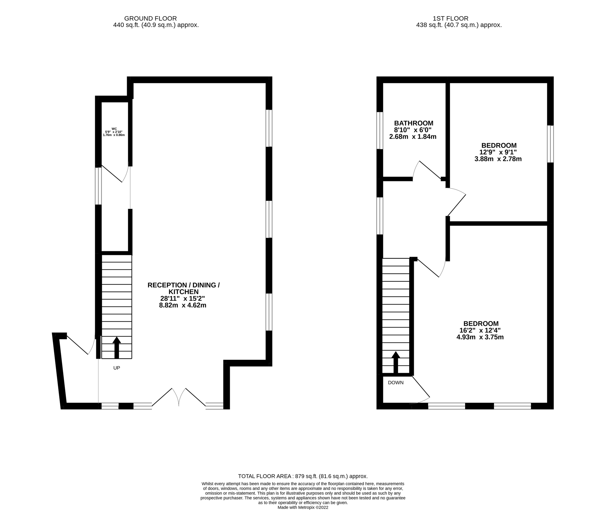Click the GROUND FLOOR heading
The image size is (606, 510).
pos(150,18)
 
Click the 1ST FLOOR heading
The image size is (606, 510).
pos(450,18)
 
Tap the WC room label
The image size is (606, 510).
pos(114,129)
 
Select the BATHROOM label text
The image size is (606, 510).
pos(413,123)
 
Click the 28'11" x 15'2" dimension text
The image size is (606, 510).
pos(183,298)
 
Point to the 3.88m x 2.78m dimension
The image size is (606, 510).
pos(498,159)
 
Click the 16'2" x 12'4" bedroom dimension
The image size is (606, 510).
pos(480,330)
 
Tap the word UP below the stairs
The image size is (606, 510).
pos(116,368)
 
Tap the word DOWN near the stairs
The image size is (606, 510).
pos(395,382)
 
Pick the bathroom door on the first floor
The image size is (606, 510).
pos(427,171)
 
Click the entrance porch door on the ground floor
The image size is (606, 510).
pos(80,345)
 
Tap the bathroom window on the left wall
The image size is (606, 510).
pos(380,130)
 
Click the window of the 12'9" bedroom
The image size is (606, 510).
pos(550,144)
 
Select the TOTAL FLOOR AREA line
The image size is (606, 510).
pos(303,476)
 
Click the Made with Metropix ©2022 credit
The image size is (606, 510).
pos(303,507)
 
